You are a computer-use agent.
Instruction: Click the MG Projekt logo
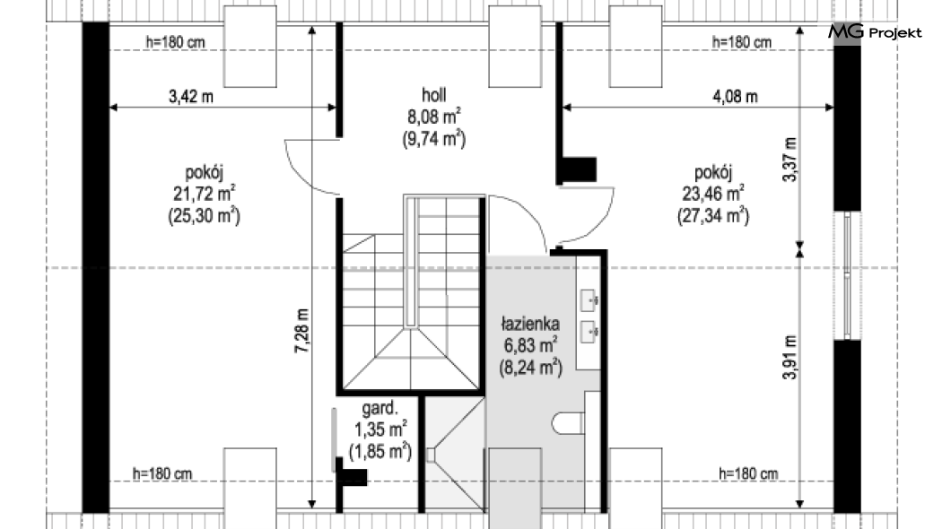tap(875, 31)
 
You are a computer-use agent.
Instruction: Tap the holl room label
tap(433, 94)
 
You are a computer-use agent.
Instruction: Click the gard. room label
tap(380, 408)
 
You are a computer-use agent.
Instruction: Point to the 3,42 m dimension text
tap(190, 96)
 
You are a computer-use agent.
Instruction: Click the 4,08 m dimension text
tap(735, 96)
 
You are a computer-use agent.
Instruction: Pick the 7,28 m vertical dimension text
tap(302, 331)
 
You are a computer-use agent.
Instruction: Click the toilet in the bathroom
tap(568, 423)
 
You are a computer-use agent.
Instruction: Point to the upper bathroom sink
tap(589, 299)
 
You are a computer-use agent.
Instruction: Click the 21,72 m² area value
tap(205, 194)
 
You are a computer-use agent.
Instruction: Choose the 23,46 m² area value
tap(713, 194)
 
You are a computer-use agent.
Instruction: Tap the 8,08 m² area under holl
tap(433, 116)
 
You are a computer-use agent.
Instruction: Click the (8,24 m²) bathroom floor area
tap(530, 368)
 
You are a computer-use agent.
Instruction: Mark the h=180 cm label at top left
tap(175, 42)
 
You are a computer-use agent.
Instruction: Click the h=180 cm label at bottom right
tap(748, 473)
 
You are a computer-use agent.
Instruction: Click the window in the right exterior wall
tap(847, 276)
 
